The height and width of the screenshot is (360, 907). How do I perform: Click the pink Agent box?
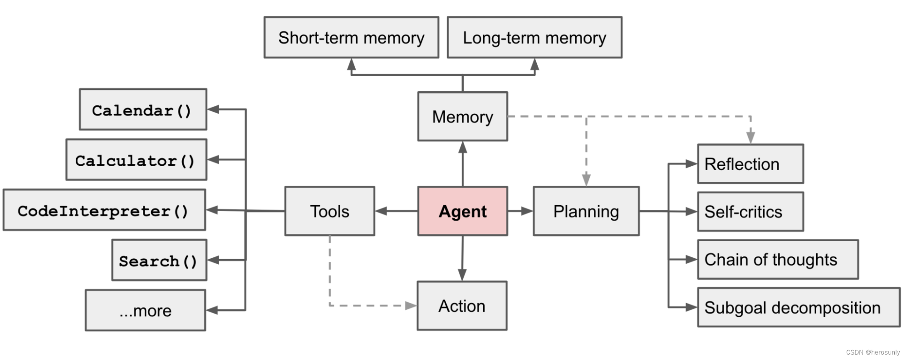462,211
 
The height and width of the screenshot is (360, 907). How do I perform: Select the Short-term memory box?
351,38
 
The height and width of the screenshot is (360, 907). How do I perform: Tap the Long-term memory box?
534,38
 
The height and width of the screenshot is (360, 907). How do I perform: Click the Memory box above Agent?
462,117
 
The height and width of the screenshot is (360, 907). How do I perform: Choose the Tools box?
329,211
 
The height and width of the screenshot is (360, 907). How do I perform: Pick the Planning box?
586,211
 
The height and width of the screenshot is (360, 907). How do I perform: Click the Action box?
462,306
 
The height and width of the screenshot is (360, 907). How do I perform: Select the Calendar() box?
143,109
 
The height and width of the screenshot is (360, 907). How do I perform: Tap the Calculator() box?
136,160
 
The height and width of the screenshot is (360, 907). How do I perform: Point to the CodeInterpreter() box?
104,210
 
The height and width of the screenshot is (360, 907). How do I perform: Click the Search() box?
159,260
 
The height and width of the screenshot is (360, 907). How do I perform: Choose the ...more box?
145,311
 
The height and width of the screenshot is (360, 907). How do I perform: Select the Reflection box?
750,164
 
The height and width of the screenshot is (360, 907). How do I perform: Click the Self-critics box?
750,212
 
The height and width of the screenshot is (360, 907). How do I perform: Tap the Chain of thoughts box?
777,259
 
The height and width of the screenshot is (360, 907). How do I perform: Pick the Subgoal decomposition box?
798,307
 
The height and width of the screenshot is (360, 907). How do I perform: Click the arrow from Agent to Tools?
396,211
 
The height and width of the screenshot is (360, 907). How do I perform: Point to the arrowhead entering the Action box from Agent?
462,275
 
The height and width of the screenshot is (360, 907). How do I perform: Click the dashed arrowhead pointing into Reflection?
750,137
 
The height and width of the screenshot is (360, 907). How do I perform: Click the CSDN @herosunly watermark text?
873,352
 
